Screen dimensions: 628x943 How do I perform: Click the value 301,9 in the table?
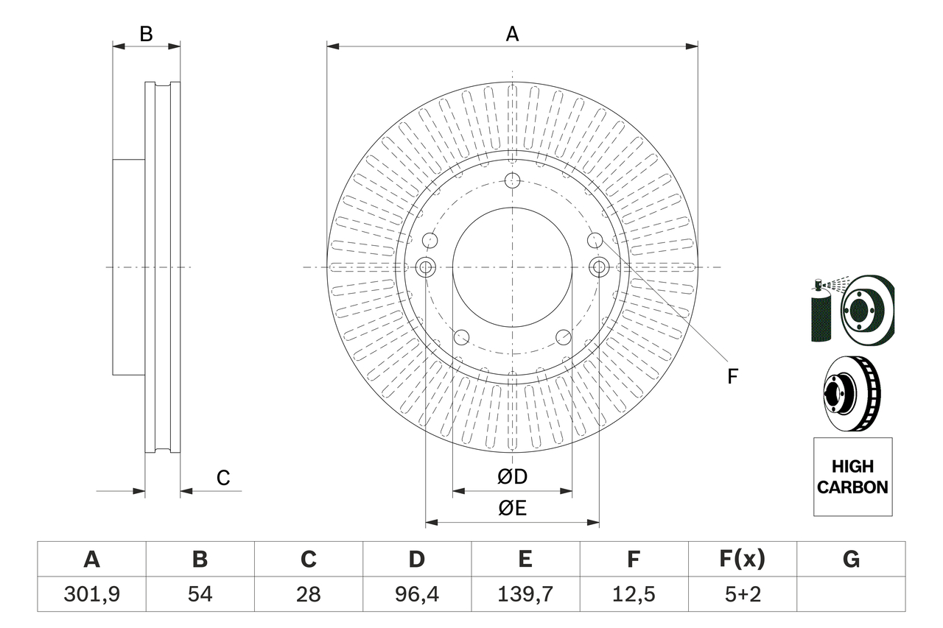pyautogui.click(x=91, y=594)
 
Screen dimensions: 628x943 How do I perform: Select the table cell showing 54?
pyautogui.click(x=200, y=594)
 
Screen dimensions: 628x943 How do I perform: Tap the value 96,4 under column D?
pyautogui.click(x=417, y=594)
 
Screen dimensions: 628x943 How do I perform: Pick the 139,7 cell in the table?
pyautogui.click(x=525, y=594)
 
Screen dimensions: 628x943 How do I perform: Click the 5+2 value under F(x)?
pyautogui.click(x=742, y=594)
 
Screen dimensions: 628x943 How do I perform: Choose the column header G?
pyautogui.click(x=851, y=560)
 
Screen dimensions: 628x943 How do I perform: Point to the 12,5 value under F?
pyautogui.click(x=633, y=594)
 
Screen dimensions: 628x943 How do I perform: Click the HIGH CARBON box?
pyautogui.click(x=852, y=476)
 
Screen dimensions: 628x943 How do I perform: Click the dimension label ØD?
pyautogui.click(x=513, y=477)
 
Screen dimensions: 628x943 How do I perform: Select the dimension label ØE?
pyautogui.click(x=513, y=509)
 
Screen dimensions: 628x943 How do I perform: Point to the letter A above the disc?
pyautogui.click(x=512, y=33)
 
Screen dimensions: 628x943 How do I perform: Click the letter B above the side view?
pyautogui.click(x=147, y=33)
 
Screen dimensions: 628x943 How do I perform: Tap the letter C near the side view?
pyautogui.click(x=223, y=478)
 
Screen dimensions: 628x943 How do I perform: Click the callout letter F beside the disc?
pyautogui.click(x=732, y=377)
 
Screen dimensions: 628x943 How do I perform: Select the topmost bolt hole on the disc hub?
pyautogui.click(x=513, y=180)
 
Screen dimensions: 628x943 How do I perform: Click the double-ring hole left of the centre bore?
pyautogui.click(x=426, y=267)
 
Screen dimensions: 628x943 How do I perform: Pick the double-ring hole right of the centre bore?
pyautogui.click(x=599, y=267)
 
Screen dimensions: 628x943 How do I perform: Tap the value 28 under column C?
pyautogui.click(x=308, y=594)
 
